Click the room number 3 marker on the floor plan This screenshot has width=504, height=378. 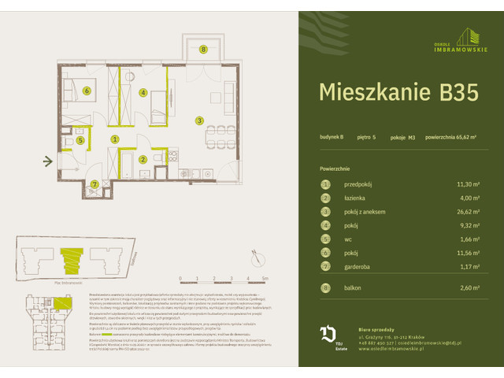pos(200,120)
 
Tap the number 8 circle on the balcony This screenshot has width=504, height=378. pos(203,50)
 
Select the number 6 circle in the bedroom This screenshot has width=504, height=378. pos(87,90)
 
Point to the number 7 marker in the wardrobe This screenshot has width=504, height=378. pos(94,184)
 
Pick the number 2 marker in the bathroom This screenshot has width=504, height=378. pos(143,160)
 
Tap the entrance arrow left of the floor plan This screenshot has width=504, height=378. pos(48,162)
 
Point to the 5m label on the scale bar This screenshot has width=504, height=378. pos(265,279)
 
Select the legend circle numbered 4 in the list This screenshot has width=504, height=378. pos(324,226)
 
